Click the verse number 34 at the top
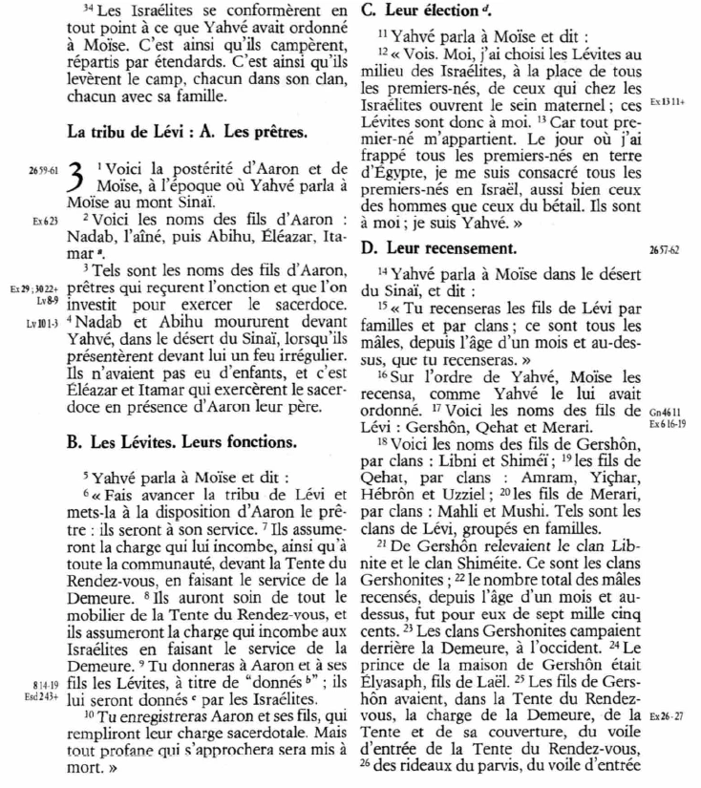[89, 10]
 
